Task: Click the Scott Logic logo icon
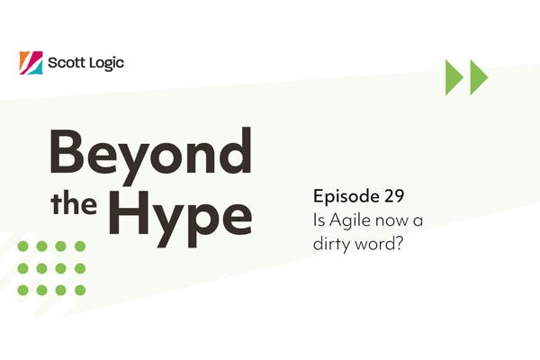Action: point(31,63)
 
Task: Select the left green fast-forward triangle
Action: point(454,76)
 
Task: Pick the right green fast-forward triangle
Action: point(478,76)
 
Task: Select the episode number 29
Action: point(392,195)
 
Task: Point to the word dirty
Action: point(331,240)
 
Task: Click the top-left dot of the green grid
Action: point(22,246)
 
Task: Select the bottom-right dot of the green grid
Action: point(80,290)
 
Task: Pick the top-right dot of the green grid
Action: point(80,246)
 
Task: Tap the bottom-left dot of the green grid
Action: point(22,290)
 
